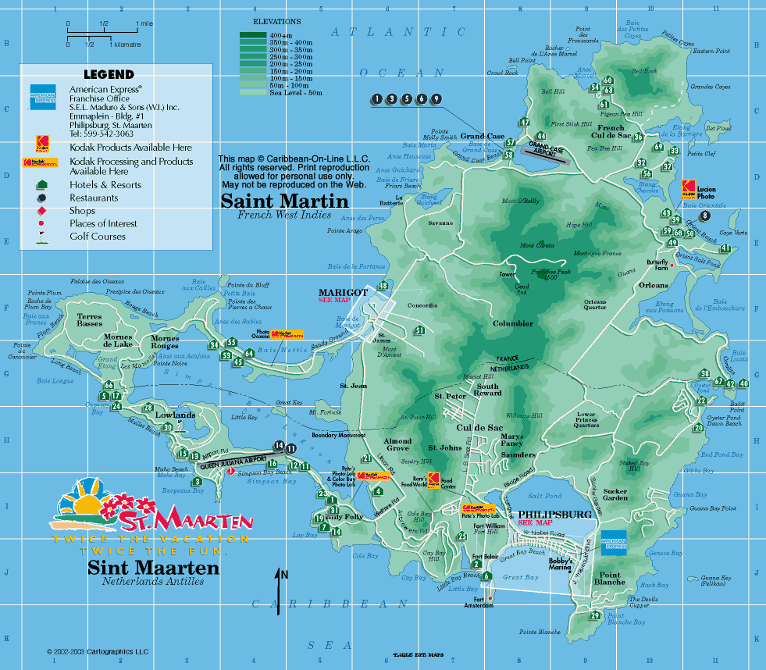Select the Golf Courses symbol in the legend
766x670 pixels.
click(x=41, y=237)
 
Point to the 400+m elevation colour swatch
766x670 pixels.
click(x=253, y=35)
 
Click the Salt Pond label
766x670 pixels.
click(x=545, y=496)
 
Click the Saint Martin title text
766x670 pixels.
click(x=276, y=201)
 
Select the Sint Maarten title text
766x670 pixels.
click(x=153, y=568)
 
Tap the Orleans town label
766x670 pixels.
click(x=652, y=286)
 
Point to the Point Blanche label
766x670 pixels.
click(x=610, y=579)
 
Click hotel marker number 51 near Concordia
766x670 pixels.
click(x=420, y=330)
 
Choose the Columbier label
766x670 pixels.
click(x=512, y=323)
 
